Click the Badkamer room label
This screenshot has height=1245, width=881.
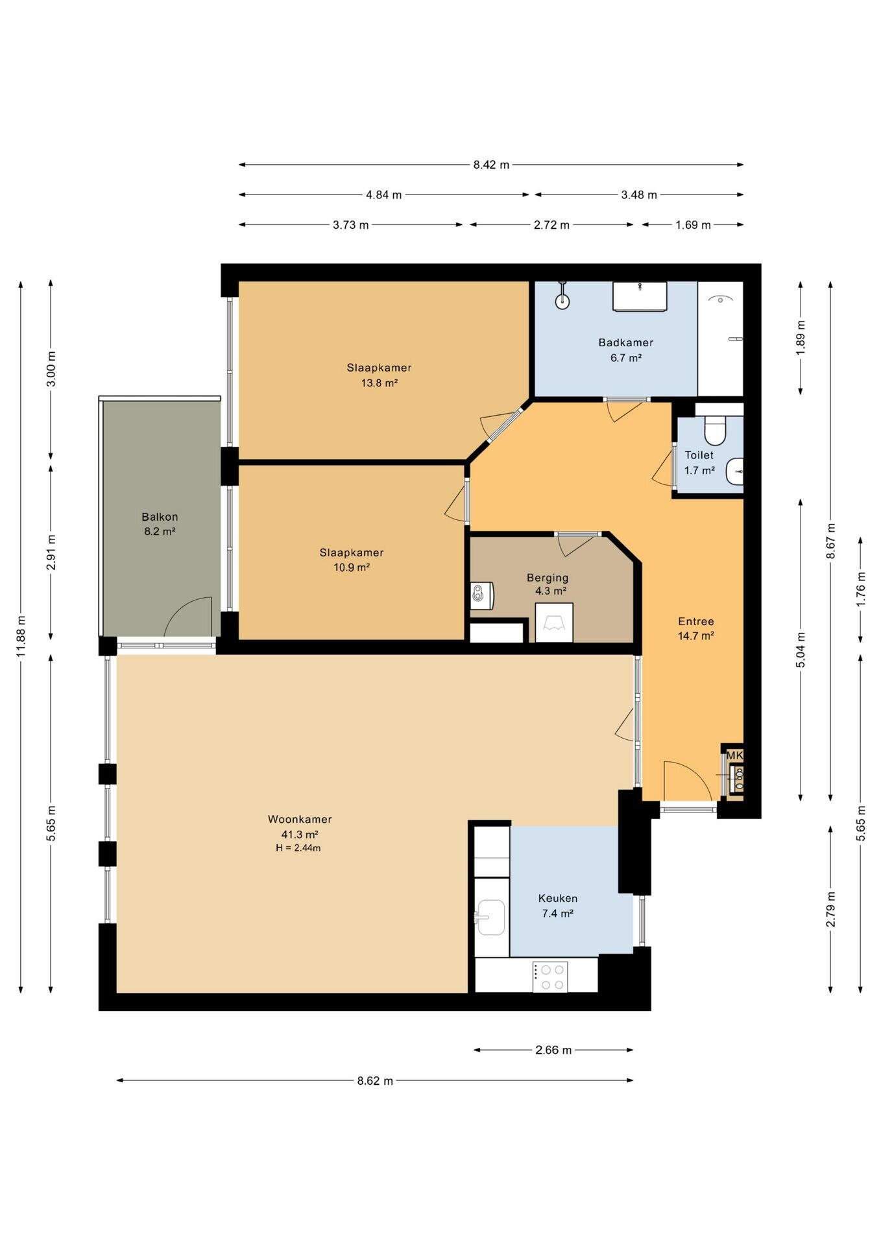click(x=625, y=342)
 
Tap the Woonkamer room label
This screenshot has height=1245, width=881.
click(x=300, y=819)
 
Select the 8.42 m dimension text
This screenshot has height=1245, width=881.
click(x=491, y=165)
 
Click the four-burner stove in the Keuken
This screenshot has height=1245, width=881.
click(x=550, y=977)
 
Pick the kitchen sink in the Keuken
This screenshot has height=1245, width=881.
click(x=490, y=917)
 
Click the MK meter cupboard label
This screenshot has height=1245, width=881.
click(x=734, y=755)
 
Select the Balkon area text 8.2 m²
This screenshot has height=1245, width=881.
click(x=160, y=531)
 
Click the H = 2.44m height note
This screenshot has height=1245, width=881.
click(x=298, y=848)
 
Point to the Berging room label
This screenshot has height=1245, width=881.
click(x=548, y=577)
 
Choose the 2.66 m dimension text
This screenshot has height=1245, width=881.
click(x=553, y=1050)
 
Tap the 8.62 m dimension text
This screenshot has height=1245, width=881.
click(x=375, y=1080)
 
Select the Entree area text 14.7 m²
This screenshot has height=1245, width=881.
click(x=696, y=636)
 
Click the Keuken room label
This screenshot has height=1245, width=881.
click(x=558, y=898)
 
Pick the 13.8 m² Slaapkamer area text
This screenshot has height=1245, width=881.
click(x=379, y=383)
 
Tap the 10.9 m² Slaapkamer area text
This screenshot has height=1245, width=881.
click(x=351, y=567)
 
